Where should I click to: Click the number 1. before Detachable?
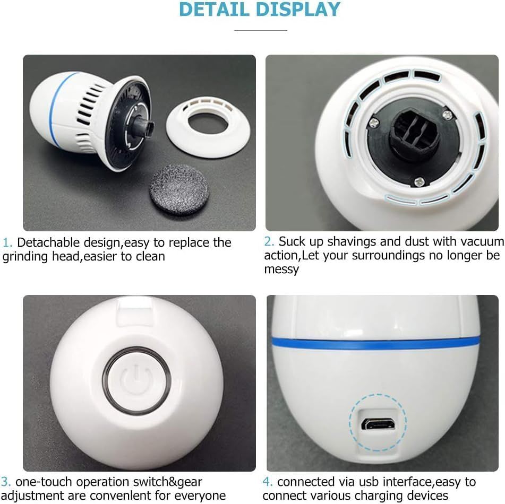click(x=7, y=242)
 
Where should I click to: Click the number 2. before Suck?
click(x=269, y=241)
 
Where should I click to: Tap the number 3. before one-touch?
click(x=6, y=482)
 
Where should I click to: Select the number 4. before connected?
click(x=268, y=482)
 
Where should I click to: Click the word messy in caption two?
click(x=281, y=270)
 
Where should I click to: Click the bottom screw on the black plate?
click(x=418, y=182)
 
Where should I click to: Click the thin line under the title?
click(x=261, y=30)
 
